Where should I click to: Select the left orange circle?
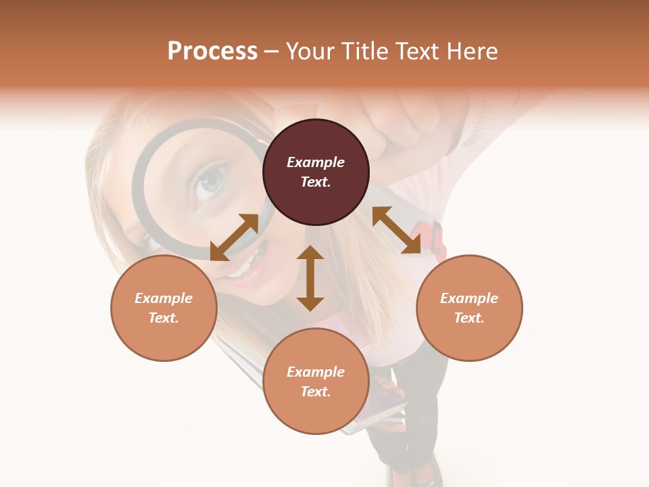pos(164,308)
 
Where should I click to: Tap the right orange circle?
pos(469,308)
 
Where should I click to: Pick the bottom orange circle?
pos(316,381)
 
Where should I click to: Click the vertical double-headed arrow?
pos(310,278)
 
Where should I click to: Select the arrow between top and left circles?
pos(234,237)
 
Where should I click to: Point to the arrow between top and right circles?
pos(396,230)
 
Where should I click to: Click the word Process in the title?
pos(212,51)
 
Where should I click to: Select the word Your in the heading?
pos(311,51)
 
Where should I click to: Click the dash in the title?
pos(271,51)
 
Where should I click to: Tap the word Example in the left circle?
pos(164,298)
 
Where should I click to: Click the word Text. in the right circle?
pos(469,318)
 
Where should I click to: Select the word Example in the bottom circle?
pos(316,371)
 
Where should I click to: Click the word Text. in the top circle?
pos(316,182)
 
